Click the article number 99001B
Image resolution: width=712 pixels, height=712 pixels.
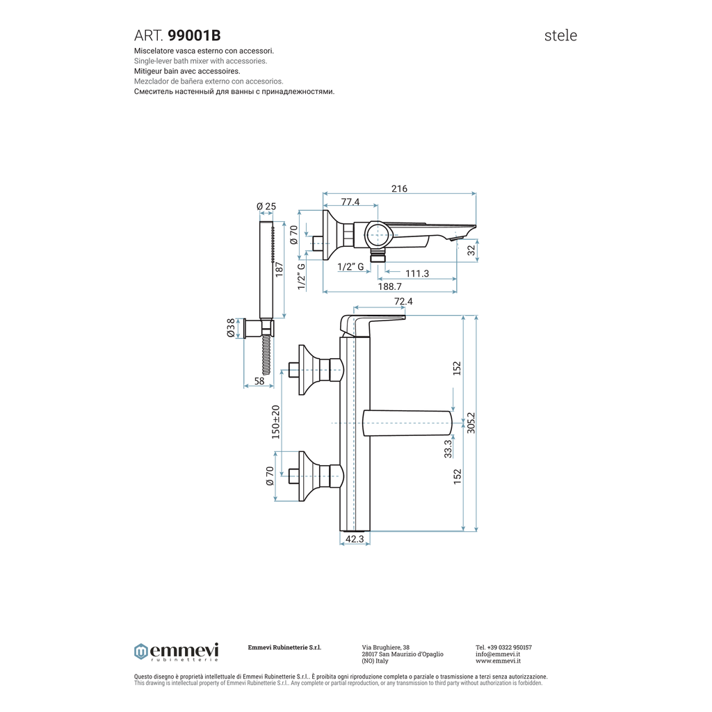point(195,35)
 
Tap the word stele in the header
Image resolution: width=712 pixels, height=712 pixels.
point(560,35)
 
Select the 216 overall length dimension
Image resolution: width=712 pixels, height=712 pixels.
point(399,188)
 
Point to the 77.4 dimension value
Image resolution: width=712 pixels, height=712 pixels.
point(350,202)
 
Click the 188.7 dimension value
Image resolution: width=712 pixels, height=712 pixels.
point(390,286)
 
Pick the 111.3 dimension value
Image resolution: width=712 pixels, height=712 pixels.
point(417,273)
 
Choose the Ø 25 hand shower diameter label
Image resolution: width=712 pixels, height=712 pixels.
point(266,206)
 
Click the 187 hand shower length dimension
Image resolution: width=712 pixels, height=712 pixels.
point(279,269)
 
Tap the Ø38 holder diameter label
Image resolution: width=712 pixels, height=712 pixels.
point(231,328)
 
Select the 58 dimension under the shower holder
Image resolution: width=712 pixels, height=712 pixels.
point(259,381)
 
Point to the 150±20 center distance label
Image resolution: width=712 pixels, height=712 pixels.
point(275,422)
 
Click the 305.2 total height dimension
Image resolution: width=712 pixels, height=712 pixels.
point(471,423)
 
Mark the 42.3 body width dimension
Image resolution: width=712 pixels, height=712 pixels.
point(355,539)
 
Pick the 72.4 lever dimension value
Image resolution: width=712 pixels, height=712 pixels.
point(403,301)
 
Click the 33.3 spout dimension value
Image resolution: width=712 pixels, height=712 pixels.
point(448,448)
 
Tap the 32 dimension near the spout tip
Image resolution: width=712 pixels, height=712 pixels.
point(471,250)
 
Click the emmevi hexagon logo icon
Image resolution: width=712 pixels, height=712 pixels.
point(140,652)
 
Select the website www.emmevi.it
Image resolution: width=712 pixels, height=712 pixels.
point(498,661)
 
